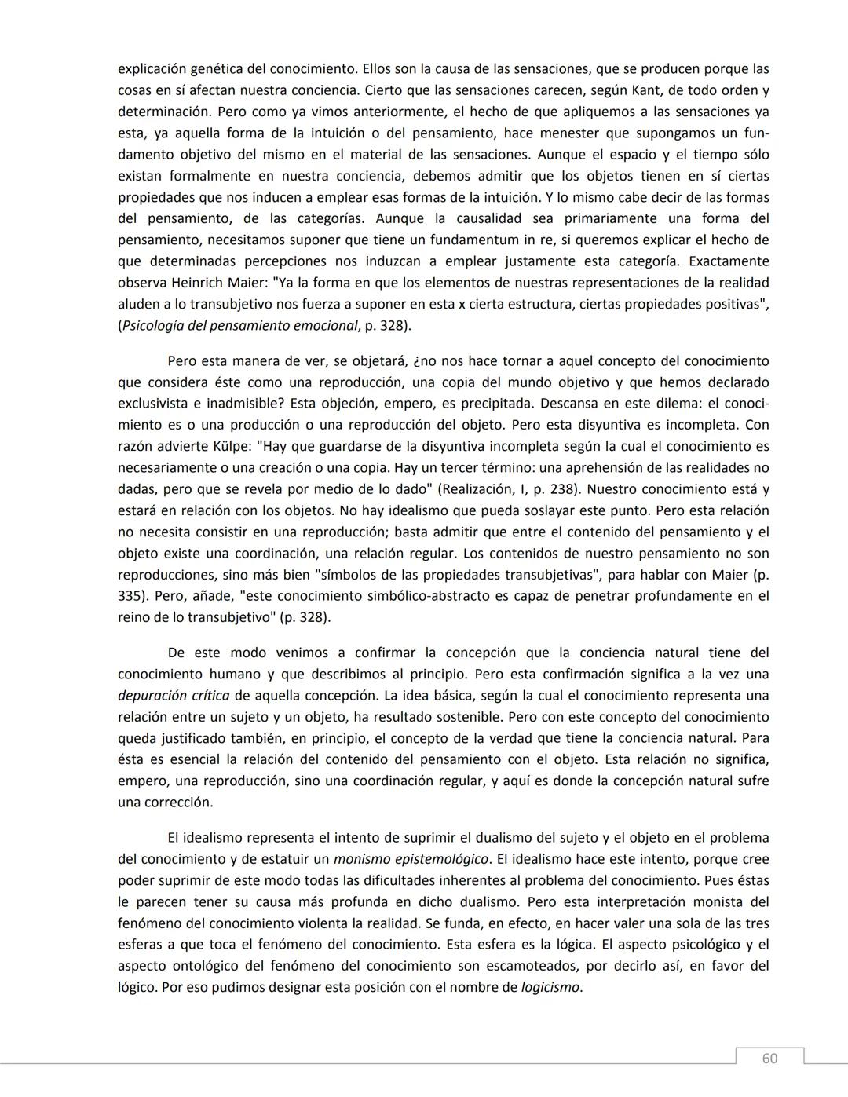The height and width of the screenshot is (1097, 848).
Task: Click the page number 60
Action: (x=769, y=1059)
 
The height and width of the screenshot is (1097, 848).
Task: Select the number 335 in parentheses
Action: (x=130, y=596)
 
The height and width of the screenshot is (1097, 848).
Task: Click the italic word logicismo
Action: (x=550, y=987)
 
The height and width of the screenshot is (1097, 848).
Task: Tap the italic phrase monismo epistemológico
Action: (x=411, y=859)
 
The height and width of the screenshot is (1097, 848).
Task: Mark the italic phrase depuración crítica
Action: (x=174, y=696)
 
